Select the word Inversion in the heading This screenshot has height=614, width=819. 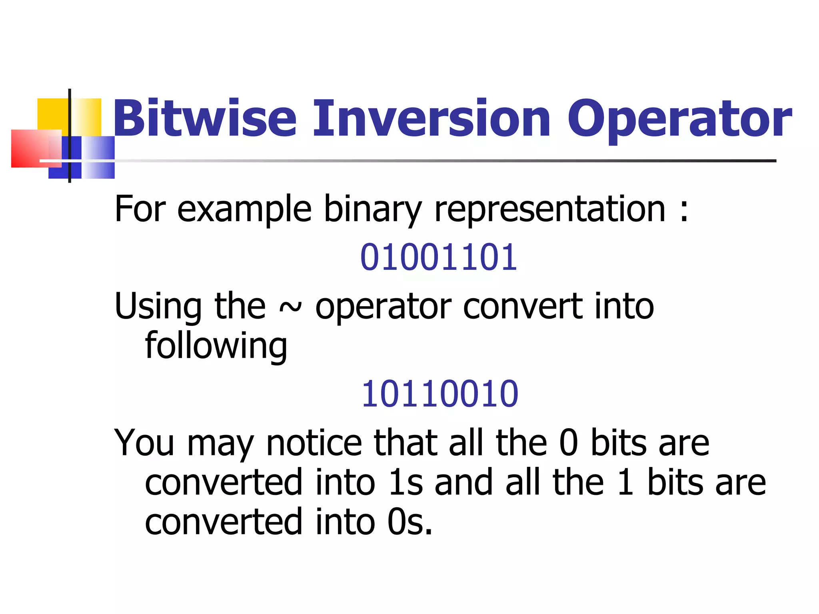(432, 118)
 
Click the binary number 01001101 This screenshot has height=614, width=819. (439, 257)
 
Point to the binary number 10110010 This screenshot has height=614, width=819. (439, 394)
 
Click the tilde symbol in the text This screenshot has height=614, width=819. (290, 307)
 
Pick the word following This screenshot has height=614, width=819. (216, 346)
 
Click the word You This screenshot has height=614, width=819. (144, 443)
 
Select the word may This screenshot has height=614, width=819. (220, 445)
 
